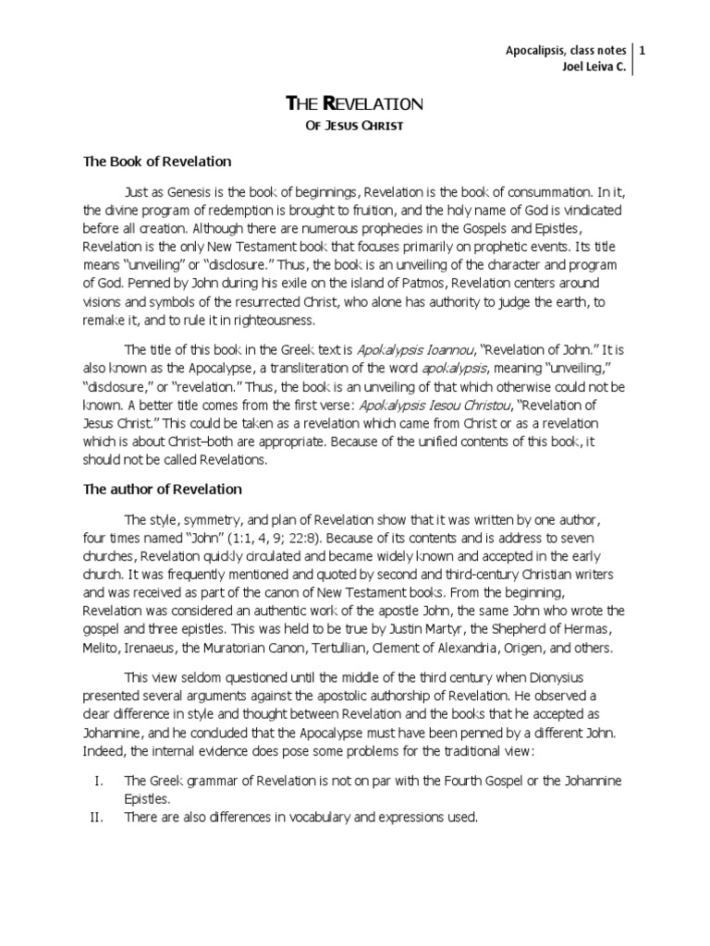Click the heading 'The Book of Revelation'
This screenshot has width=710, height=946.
click(157, 162)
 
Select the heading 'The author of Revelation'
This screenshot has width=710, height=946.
click(163, 489)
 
